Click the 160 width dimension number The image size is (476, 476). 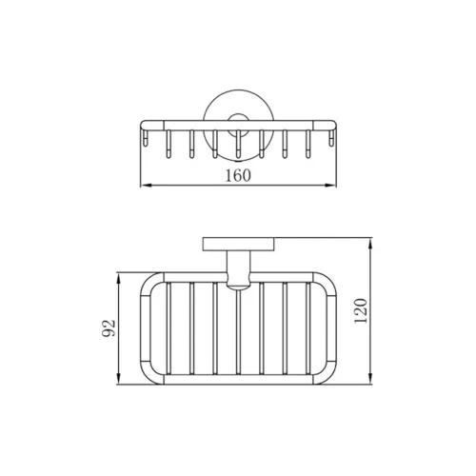238,175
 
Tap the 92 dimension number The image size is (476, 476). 109,328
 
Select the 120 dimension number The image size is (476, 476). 361,311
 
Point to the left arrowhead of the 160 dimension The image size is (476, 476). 146,185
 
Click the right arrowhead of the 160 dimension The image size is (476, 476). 331,185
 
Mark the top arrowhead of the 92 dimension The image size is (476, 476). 119,278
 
